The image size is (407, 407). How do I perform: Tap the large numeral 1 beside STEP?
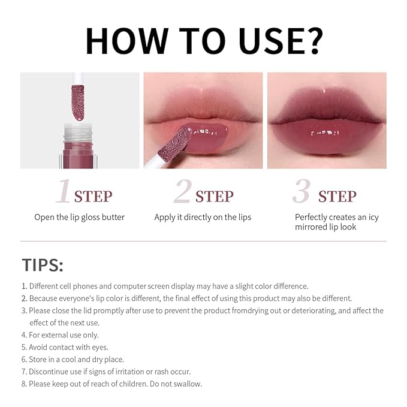click(x=64, y=193)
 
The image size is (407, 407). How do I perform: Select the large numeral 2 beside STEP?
click(x=182, y=193)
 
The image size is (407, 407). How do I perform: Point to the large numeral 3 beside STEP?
click(x=302, y=193)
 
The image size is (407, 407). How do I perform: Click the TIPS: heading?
click(x=43, y=265)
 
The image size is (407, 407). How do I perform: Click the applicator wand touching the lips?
click(x=174, y=150)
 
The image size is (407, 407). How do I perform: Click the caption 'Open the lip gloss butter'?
click(x=79, y=217)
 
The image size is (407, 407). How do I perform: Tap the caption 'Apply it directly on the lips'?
click(x=203, y=217)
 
